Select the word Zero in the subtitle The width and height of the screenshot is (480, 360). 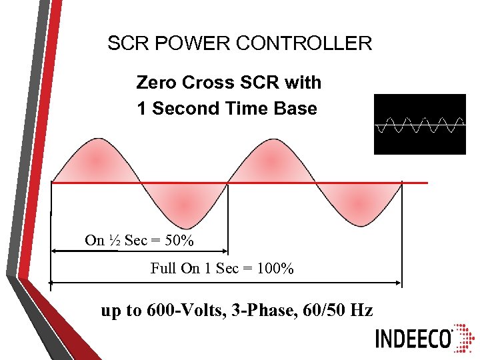(x=156, y=83)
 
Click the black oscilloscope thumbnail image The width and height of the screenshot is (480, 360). (x=420, y=124)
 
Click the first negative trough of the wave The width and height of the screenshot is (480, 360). (x=183, y=204)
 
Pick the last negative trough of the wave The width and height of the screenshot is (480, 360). (x=358, y=204)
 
